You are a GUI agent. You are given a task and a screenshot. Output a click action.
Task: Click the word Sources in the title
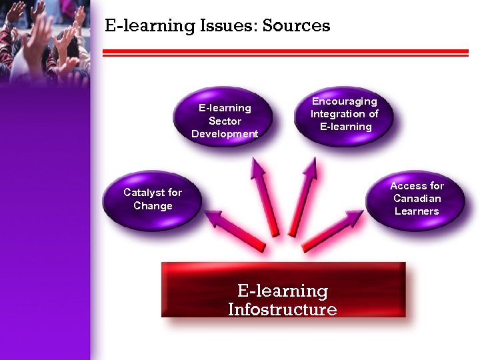point(297,26)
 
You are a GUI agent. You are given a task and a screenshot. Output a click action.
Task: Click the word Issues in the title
point(228,27)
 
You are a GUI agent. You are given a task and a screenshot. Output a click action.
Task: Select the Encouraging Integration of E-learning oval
point(344,113)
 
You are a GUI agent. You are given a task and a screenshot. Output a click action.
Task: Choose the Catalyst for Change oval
point(153,199)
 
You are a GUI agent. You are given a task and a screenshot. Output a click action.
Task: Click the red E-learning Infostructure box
point(283,290)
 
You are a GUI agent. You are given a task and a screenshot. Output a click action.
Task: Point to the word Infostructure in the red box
point(282,310)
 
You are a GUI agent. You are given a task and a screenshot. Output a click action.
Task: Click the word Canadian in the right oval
point(417,199)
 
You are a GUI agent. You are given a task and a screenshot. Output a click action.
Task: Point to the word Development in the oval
point(224,133)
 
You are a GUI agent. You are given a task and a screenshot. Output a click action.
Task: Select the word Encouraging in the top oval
point(345,101)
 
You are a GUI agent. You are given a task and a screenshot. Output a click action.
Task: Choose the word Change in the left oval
point(153,206)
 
